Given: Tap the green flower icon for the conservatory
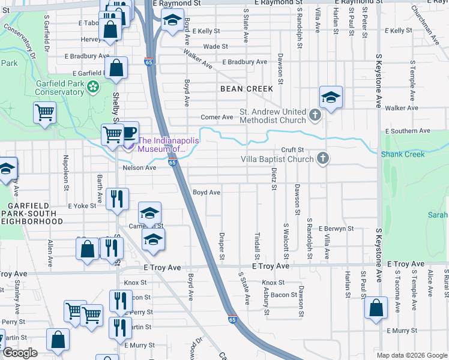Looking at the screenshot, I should click(x=93, y=88).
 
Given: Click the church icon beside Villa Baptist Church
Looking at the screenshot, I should click(x=323, y=159).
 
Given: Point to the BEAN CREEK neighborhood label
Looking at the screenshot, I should click(x=247, y=89).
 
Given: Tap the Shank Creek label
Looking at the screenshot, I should click(x=403, y=154).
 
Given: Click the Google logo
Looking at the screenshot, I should click(x=20, y=353).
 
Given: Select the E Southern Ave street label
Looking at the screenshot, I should click(x=408, y=131).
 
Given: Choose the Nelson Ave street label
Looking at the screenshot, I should click(x=139, y=168).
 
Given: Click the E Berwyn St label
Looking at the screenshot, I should click(x=336, y=229).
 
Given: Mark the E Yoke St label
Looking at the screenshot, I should click(x=82, y=205).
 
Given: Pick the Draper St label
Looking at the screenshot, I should click(x=221, y=247).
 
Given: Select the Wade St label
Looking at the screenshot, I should click(x=216, y=46).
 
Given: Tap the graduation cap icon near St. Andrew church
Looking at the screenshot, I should click(x=331, y=97).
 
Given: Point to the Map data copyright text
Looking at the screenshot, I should click(x=411, y=355).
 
